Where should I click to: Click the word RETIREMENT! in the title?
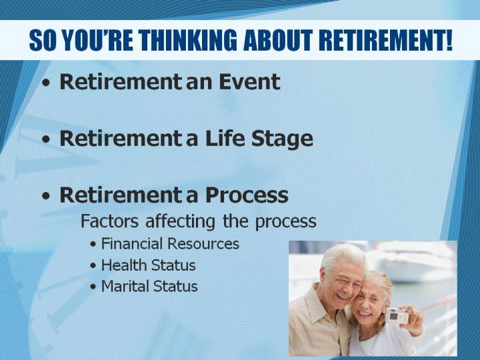pyautogui.click(x=385, y=40)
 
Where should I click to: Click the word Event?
pyautogui.click(x=249, y=82)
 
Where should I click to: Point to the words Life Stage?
pyautogui.click(x=259, y=139)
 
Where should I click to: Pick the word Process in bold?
pyautogui.click(x=247, y=195)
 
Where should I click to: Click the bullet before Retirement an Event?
pyautogui.click(x=46, y=83)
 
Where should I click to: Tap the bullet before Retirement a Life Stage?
pyautogui.click(x=46, y=139)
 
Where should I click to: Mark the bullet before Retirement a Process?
pyautogui.click(x=46, y=196)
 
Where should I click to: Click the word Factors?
pyautogui.click(x=109, y=221)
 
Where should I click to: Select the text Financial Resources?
pyautogui.click(x=170, y=244)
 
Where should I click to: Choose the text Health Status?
pyautogui.click(x=148, y=265)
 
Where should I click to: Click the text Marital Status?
pyautogui.click(x=149, y=286)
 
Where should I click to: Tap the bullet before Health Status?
pyautogui.click(x=93, y=266)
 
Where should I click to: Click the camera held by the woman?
pyautogui.click(x=397, y=316)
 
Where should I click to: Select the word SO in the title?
pyautogui.click(x=43, y=40)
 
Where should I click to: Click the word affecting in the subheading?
pyautogui.click(x=180, y=221)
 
